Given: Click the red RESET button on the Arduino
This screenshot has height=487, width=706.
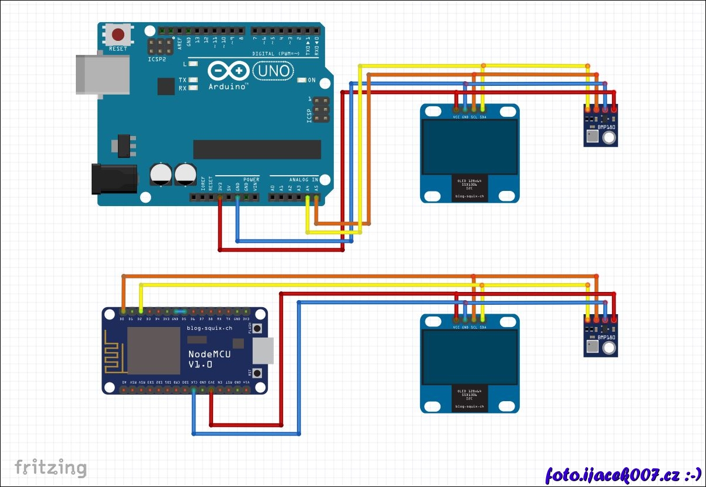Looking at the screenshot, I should pyautogui.click(x=118, y=34).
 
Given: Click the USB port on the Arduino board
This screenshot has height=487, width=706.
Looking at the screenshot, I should pyautogui.click(x=103, y=74).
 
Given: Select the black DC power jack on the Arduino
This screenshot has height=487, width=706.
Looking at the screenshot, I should pyautogui.click(x=114, y=179).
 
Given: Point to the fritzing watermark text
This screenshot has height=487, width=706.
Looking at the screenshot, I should pyautogui.click(x=51, y=468).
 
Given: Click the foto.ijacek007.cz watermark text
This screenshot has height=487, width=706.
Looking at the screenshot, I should pyautogui.click(x=623, y=474).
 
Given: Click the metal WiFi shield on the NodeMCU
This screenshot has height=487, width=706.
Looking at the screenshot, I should pyautogui.click(x=154, y=350).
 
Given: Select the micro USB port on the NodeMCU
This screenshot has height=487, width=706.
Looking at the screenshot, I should pyautogui.click(x=263, y=350).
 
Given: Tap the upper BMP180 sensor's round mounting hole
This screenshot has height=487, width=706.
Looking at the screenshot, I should pyautogui.click(x=609, y=138).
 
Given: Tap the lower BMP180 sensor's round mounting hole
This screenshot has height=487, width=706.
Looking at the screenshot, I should pyautogui.click(x=609, y=349).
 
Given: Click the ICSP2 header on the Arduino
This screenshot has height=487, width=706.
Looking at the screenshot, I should pyautogui.click(x=160, y=47).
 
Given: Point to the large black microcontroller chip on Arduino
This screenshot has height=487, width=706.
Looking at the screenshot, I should pyautogui.click(x=257, y=149).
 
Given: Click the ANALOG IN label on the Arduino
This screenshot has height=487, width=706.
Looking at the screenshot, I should pyautogui.click(x=303, y=179).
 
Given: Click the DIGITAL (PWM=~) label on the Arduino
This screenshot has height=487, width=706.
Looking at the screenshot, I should pyautogui.click(x=278, y=54).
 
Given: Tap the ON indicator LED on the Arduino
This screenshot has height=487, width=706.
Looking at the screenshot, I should pyautogui.click(x=302, y=80).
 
